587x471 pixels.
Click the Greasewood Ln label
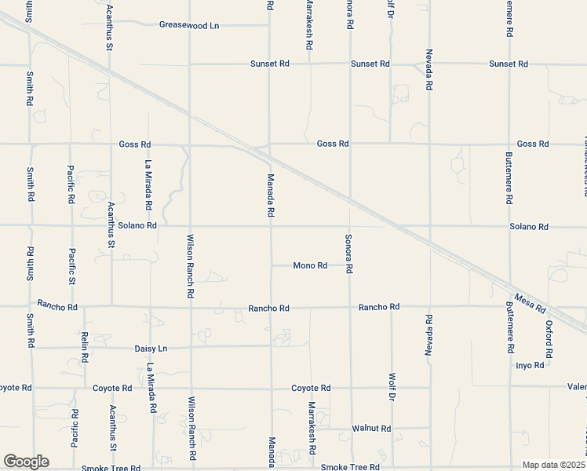pyautogui.click(x=189, y=25)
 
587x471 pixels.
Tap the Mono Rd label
pyautogui.click(x=310, y=266)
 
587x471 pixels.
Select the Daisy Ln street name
pyautogui.click(x=151, y=348)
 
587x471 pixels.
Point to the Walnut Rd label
pyautogui.click(x=371, y=429)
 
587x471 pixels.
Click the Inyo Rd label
pyautogui.click(x=530, y=366)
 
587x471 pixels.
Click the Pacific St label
pyautogui.click(x=71, y=266)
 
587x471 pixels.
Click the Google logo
pyautogui.click(x=26, y=462)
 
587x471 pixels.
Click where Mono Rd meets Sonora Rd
pyautogui.click(x=350, y=266)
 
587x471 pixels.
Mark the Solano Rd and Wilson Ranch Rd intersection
pyautogui.click(x=191, y=226)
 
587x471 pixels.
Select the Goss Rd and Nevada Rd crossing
pyautogui.click(x=429, y=144)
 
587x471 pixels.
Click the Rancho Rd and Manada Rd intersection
pyautogui.click(x=271, y=308)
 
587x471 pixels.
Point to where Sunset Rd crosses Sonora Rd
pyautogui.click(x=350, y=64)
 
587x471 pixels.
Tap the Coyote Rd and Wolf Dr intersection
pyautogui.click(x=391, y=388)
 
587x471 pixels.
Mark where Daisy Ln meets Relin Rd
pyautogui.click(x=84, y=348)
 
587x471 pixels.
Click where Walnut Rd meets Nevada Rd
pyautogui.click(x=429, y=429)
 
